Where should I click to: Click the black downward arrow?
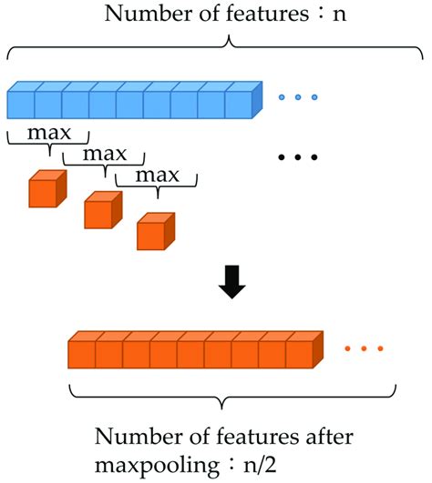(x=232, y=287)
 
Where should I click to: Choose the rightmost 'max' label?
(x=157, y=173)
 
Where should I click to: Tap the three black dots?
(x=297, y=157)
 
